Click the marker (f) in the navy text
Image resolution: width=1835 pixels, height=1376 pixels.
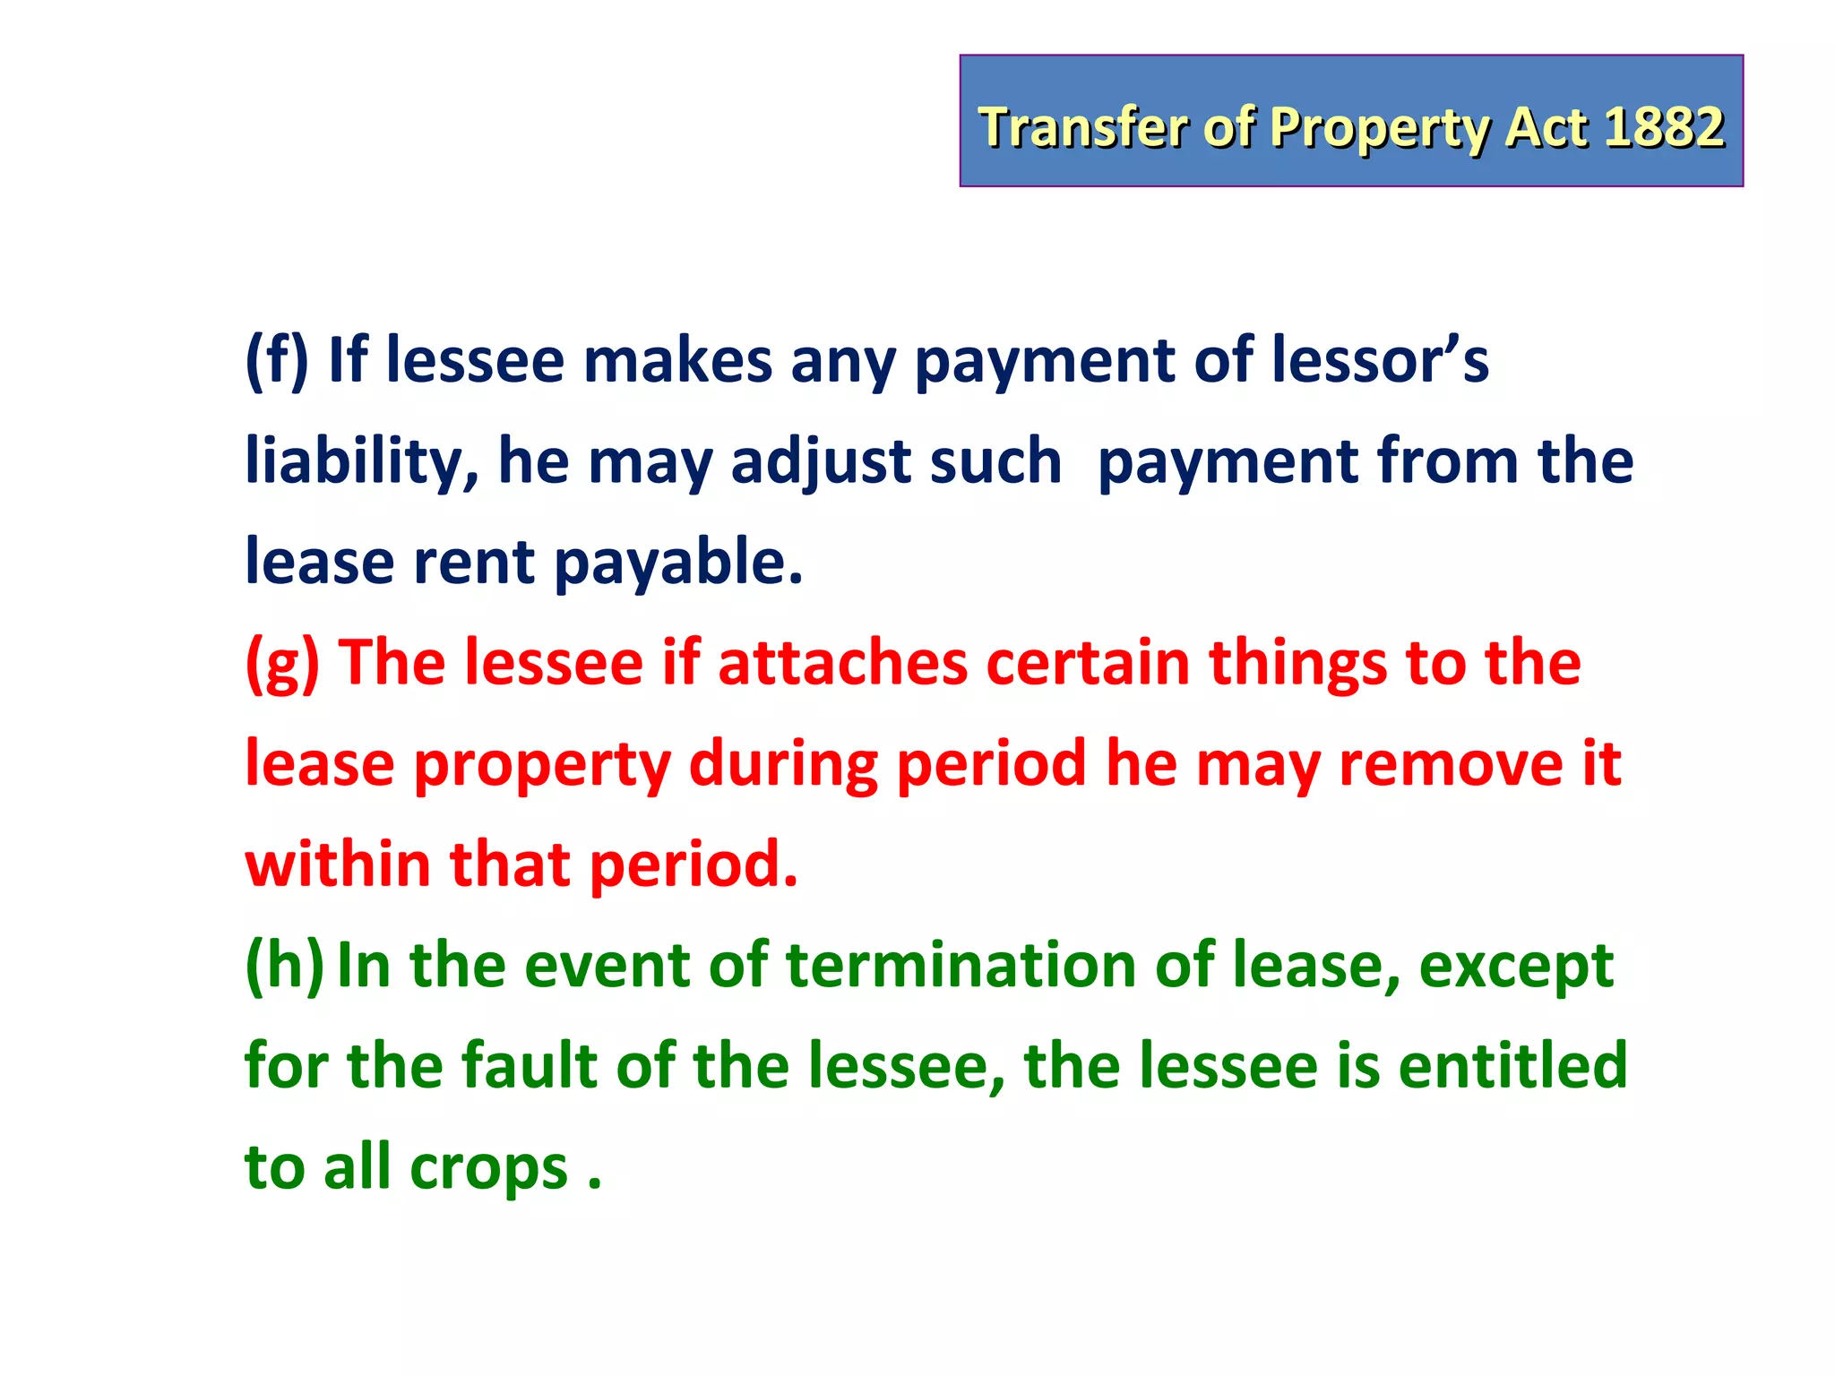(x=277, y=360)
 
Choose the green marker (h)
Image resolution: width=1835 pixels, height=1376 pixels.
(x=284, y=966)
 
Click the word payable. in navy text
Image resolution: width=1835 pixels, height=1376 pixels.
(x=678, y=563)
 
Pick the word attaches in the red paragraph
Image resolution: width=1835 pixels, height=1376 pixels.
(x=842, y=663)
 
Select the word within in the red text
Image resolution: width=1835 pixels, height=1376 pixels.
(x=337, y=864)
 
